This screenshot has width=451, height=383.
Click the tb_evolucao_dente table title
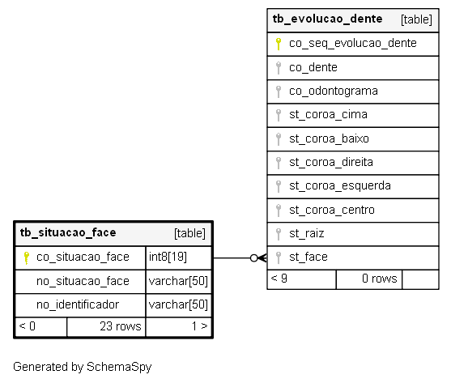pos(327,19)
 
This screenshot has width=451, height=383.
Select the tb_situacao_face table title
pos(68,232)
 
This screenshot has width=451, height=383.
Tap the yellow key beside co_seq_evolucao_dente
pos(279,44)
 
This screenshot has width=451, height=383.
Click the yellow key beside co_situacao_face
pos(26,258)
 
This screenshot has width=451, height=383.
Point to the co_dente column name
pos(313,67)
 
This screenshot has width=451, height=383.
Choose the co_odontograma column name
pos(334,91)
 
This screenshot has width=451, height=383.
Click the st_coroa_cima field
pos(328,115)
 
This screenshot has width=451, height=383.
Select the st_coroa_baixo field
pos(329,138)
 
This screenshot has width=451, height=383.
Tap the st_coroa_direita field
pos(331,162)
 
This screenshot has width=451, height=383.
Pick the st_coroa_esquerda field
pos(340,186)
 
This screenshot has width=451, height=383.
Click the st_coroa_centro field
pos(332,210)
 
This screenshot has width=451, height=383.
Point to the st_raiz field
pos(307,233)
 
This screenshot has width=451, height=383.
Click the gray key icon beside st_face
pos(279,257)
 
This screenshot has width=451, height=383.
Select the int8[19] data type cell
pos(168,257)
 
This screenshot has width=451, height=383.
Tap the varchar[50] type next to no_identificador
pos(178,304)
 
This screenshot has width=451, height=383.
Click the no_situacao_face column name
pos(83,281)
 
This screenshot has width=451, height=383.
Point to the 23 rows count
pos(121,326)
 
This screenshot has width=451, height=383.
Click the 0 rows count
pos(380,279)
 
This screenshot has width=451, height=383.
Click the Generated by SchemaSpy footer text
pos(83,367)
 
